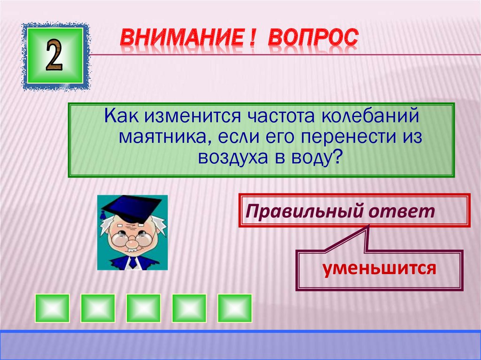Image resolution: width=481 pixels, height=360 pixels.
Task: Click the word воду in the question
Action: [318, 158]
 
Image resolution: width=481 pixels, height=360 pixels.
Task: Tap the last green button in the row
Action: [234, 308]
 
